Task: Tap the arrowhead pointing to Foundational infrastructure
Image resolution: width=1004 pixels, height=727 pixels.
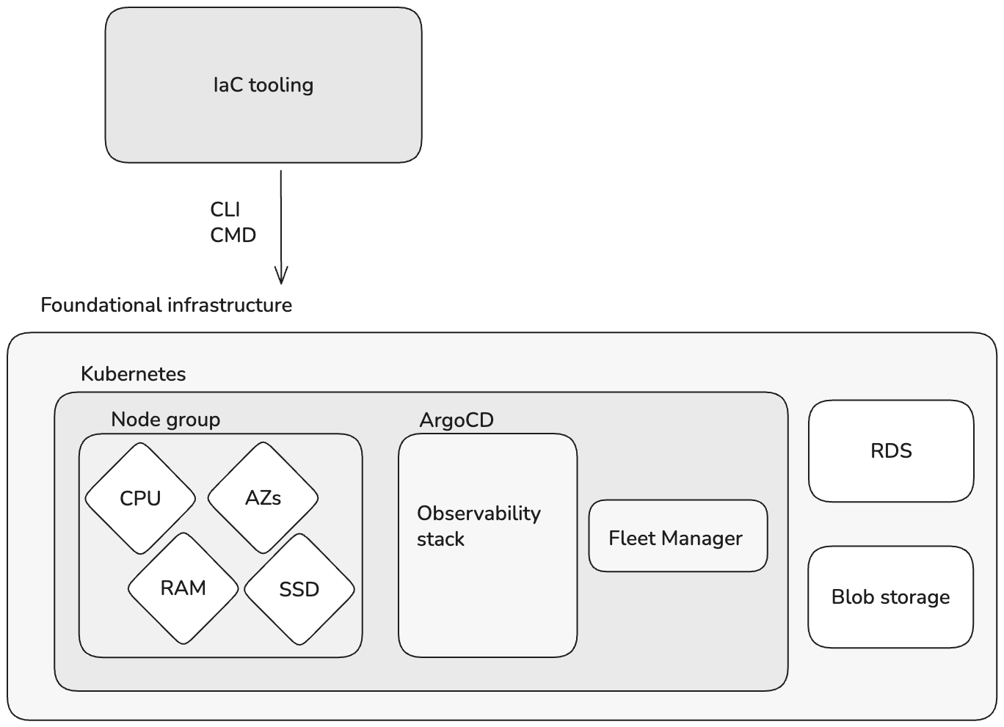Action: tap(281, 276)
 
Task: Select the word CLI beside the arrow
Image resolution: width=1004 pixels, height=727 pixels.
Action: tap(225, 210)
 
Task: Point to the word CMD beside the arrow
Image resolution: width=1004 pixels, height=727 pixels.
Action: tap(233, 235)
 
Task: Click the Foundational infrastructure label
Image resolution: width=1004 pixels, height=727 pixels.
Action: tap(166, 305)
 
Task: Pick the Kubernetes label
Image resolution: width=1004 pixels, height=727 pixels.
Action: tap(133, 374)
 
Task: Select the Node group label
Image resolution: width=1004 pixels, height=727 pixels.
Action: tap(165, 420)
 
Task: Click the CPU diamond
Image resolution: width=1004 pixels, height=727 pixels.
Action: tap(140, 499)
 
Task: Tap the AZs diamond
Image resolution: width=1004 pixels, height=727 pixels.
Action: tap(263, 498)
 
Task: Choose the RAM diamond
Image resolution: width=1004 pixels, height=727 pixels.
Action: tap(183, 588)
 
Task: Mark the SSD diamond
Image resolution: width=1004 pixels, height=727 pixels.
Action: tap(299, 590)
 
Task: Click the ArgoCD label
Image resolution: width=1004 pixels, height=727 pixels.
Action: tap(456, 420)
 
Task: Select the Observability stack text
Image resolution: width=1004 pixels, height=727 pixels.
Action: tap(479, 526)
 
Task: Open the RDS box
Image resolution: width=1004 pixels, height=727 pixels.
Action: tap(891, 451)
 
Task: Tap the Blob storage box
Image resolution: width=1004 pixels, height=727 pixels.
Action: tap(890, 597)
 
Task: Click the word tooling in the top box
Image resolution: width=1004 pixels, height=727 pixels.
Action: tap(281, 85)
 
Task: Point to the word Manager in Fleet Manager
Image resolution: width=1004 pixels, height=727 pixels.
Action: tap(702, 538)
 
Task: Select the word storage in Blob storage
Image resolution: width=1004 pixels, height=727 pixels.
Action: tap(915, 597)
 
